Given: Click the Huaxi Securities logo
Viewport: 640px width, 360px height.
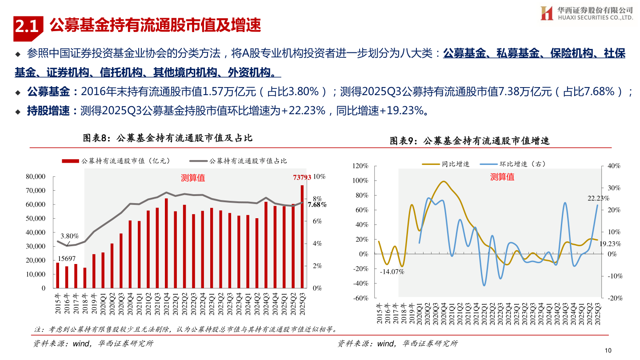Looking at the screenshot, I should coord(586,13).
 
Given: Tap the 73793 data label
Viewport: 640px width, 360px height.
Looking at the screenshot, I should coord(302,177).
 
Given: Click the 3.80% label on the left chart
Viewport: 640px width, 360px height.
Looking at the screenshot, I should coord(70,236).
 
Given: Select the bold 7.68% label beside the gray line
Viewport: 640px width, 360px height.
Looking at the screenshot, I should coord(317,204).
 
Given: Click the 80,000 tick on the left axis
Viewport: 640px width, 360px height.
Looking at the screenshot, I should coord(36,176).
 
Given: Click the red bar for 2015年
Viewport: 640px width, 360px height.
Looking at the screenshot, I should coord(57,275).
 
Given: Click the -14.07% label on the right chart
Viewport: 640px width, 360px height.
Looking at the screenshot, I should coord(392,272).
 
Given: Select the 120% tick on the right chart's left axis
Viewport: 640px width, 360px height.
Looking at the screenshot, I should coord(360,166).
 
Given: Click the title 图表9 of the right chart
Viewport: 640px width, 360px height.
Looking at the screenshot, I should coord(470,141).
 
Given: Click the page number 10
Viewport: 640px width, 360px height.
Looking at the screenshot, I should coord(608,351).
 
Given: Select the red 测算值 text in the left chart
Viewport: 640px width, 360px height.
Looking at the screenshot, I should coord(193,178).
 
